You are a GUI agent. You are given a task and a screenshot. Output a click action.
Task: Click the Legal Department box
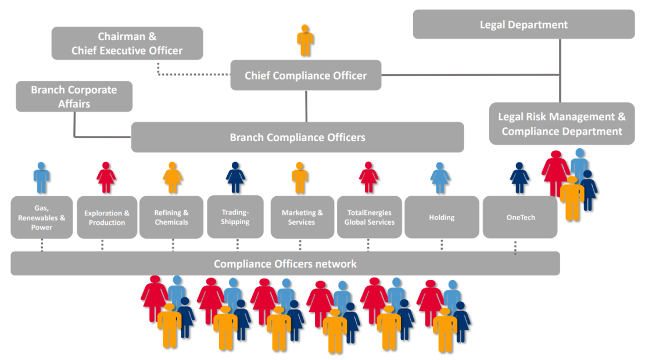pos(524,24)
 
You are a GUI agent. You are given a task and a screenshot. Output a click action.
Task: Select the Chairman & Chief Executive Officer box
pos(127,44)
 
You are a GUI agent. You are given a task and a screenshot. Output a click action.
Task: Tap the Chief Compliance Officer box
pos(306,75)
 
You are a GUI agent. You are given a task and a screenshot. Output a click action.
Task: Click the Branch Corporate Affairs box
pos(74,96)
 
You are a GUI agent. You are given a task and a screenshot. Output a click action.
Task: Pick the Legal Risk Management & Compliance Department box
pos(561,124)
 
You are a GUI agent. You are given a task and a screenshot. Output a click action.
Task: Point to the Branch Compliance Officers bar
pos(297,138)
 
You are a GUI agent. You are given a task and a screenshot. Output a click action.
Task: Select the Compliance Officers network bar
pos(285,264)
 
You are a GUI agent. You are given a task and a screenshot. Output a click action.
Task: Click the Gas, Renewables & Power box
pos(42,218)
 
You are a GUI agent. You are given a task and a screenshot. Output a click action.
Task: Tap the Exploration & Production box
pos(107,218)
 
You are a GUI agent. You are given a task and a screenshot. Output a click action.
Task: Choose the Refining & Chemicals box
pos(171,218)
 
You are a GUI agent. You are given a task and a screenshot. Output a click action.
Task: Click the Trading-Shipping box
pos(235,217)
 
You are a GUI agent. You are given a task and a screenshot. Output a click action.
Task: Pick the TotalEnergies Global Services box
pos(369,218)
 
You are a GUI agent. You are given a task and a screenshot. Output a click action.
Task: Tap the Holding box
pos(442,218)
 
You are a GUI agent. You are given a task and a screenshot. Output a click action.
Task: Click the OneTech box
pos(520,218)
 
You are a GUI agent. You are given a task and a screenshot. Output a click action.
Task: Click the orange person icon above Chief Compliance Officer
pos(305,41)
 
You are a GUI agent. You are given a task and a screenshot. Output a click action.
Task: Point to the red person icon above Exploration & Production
pos(106,178)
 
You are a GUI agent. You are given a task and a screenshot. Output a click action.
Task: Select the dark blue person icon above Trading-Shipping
pos(235,178)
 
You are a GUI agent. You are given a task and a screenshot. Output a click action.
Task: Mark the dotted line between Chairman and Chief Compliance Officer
pos(195,74)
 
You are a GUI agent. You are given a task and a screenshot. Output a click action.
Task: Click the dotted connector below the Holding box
pos(442,244)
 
